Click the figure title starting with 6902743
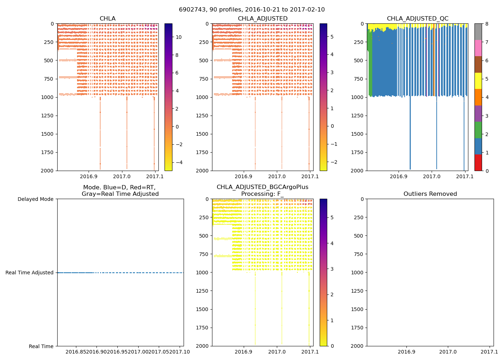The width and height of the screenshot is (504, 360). tap(252, 10)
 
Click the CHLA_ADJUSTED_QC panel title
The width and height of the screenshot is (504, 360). tap(418, 19)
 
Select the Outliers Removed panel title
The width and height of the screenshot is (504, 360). tap(430, 194)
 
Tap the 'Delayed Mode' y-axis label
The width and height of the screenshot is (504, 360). tap(35, 199)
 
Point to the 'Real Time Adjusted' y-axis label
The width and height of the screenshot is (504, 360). tap(30, 273)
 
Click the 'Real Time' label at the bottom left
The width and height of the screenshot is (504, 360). tap(41, 346)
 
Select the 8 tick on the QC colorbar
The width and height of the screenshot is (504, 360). tap(487, 24)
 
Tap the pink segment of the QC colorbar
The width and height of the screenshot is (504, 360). tap(478, 48)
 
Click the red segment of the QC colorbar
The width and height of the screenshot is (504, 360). tap(478, 162)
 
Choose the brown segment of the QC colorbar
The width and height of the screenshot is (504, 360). tap(478, 64)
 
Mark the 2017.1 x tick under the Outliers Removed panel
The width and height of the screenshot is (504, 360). tap(489, 352)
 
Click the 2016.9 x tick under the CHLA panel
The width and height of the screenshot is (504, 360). tap(89, 176)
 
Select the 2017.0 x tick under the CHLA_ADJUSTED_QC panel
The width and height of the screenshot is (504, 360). tap(432, 176)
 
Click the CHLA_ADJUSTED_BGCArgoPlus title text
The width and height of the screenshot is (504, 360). tap(262, 187)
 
